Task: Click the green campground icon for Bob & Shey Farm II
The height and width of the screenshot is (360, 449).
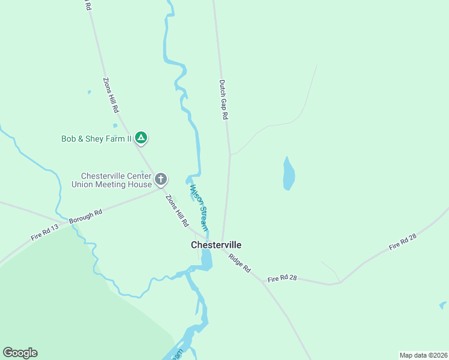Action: tap(141, 139)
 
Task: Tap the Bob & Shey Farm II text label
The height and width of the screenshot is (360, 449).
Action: tap(96, 139)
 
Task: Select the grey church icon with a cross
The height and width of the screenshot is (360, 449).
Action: tap(161, 179)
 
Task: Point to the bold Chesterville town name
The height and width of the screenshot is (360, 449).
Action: tap(216, 245)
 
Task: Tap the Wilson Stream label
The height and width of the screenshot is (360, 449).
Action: tap(199, 208)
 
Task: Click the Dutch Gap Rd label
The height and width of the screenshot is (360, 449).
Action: tap(223, 100)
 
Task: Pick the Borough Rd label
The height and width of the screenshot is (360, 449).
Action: tap(85, 216)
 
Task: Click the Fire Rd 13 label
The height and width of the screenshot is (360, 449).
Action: tap(45, 232)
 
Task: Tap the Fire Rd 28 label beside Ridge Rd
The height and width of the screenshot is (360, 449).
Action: tap(282, 279)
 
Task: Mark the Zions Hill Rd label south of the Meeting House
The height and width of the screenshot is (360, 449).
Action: tap(178, 211)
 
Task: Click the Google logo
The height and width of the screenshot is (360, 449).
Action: tap(20, 353)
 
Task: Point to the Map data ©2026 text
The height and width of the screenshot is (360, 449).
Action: tap(423, 355)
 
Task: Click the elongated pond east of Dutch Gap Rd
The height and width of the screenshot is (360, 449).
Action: tap(289, 174)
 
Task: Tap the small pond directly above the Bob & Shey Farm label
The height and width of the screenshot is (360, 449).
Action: tap(115, 125)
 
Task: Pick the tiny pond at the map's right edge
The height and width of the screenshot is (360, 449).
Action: tap(443, 305)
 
